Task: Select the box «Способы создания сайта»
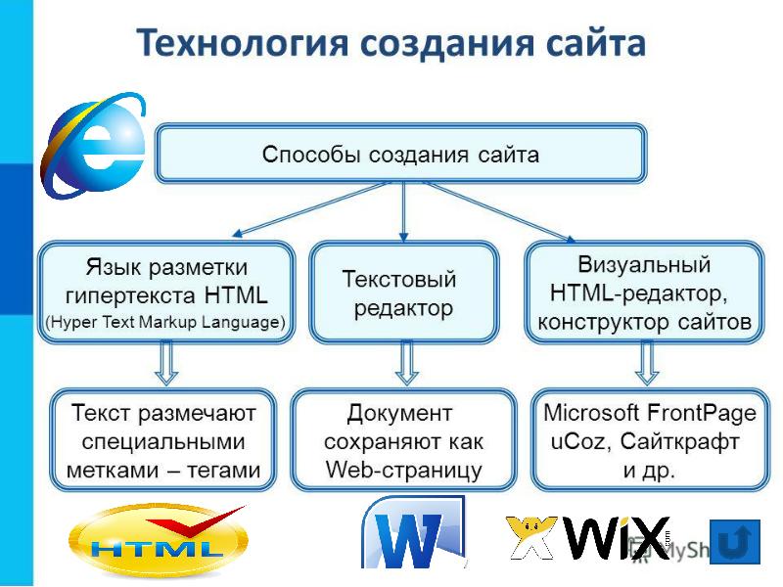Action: pyautogui.click(x=400, y=154)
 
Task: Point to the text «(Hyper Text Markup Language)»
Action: pyautogui.click(x=165, y=321)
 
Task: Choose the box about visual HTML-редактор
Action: pyautogui.click(x=643, y=293)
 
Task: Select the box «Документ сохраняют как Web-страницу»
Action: pyautogui.click(x=403, y=440)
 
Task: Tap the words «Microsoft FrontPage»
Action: pyautogui.click(x=649, y=412)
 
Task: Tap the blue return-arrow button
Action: pyautogui.click(x=734, y=541)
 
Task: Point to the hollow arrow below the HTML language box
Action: pyautogui.click(x=166, y=366)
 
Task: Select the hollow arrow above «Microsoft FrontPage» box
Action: pyautogui.click(x=646, y=364)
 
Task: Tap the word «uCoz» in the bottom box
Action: pyautogui.click(x=577, y=441)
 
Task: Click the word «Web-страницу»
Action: pyautogui.click(x=403, y=470)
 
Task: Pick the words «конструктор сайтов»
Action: pyautogui.click(x=644, y=321)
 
